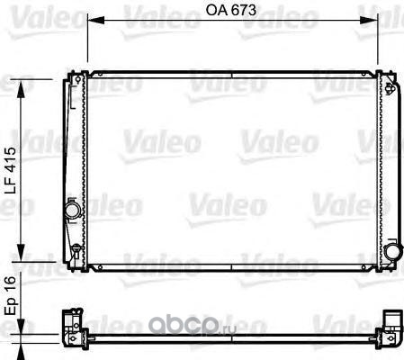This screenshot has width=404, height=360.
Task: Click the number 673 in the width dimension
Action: click(x=242, y=10)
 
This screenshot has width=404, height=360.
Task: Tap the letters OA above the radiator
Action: click(x=215, y=10)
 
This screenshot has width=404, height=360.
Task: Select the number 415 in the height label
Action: click(x=10, y=160)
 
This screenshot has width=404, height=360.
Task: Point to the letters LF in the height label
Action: click(x=10, y=186)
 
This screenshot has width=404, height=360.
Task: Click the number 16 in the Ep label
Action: click(x=10, y=284)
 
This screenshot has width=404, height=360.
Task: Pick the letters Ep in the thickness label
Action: click(x=11, y=306)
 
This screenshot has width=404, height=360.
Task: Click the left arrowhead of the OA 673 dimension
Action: click(x=95, y=20)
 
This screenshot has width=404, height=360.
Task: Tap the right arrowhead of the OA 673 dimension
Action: click(x=369, y=20)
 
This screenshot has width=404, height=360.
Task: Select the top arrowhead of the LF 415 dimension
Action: click(x=21, y=89)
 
